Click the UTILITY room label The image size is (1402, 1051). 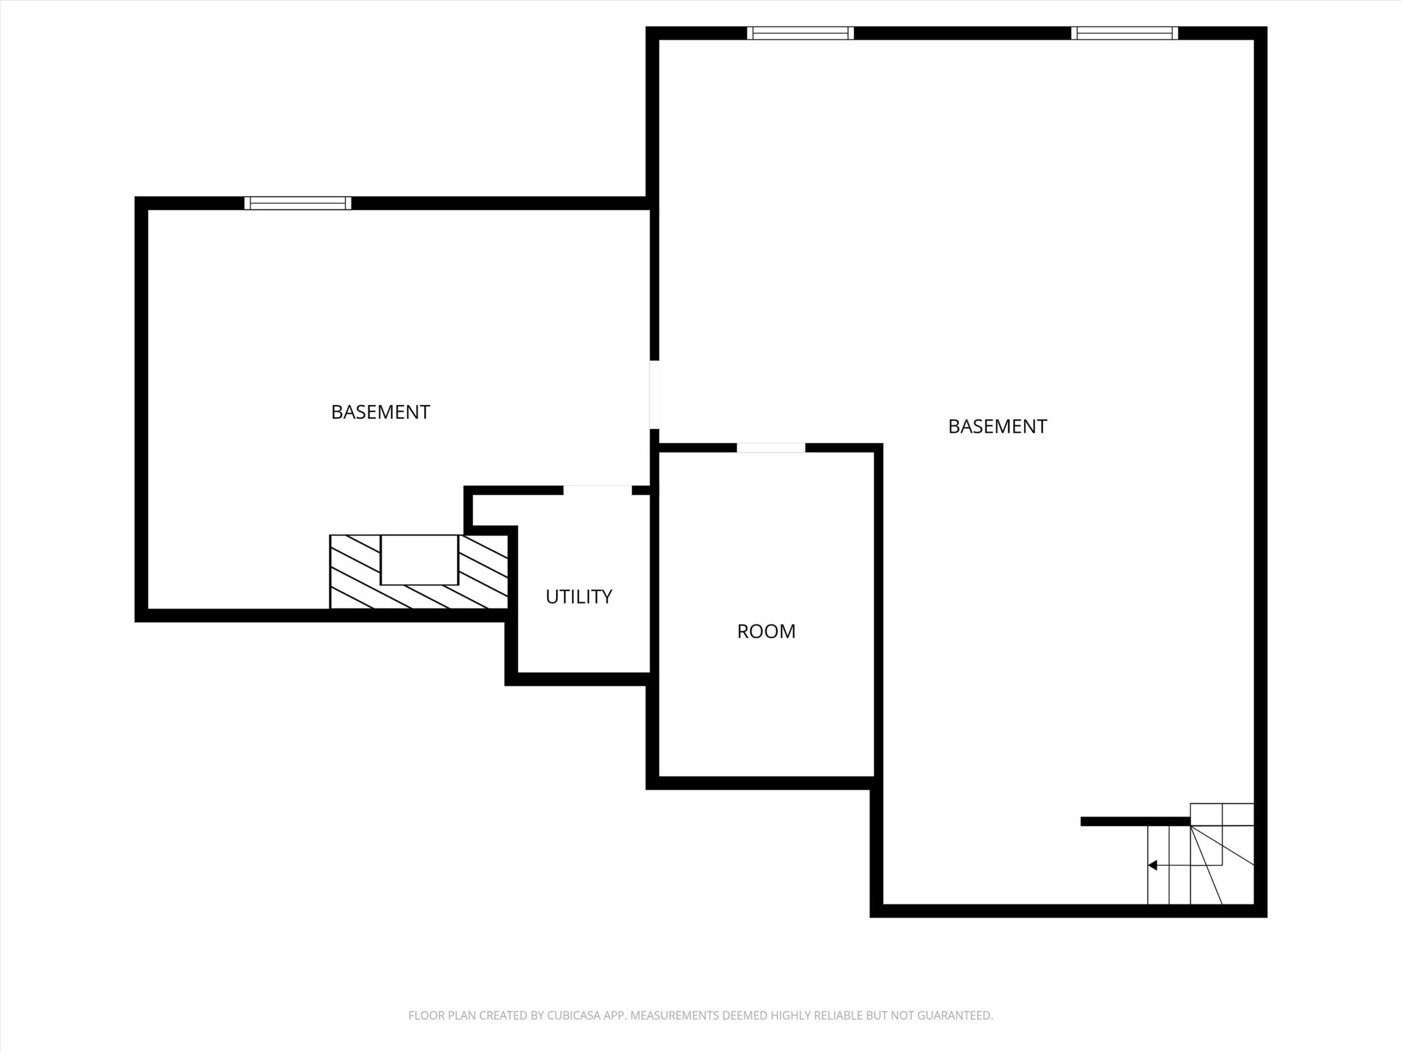click(x=579, y=597)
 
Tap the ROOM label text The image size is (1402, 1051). click(x=766, y=632)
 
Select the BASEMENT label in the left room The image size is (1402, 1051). click(x=380, y=412)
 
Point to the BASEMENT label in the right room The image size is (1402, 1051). click(x=997, y=427)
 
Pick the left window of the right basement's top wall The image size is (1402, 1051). click(x=801, y=33)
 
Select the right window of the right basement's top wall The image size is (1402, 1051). click(x=1124, y=33)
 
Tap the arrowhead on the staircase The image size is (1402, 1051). click(x=1152, y=865)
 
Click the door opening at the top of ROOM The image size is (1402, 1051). click(x=771, y=448)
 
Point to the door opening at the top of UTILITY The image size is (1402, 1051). click(x=597, y=490)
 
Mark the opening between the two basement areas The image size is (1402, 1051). click(x=655, y=395)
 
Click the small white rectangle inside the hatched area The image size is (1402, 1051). click(x=419, y=560)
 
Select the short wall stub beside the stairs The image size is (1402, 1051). click(x=1135, y=822)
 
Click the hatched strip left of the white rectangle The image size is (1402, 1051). click(x=355, y=571)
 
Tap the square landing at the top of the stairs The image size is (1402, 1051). click(x=1222, y=815)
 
